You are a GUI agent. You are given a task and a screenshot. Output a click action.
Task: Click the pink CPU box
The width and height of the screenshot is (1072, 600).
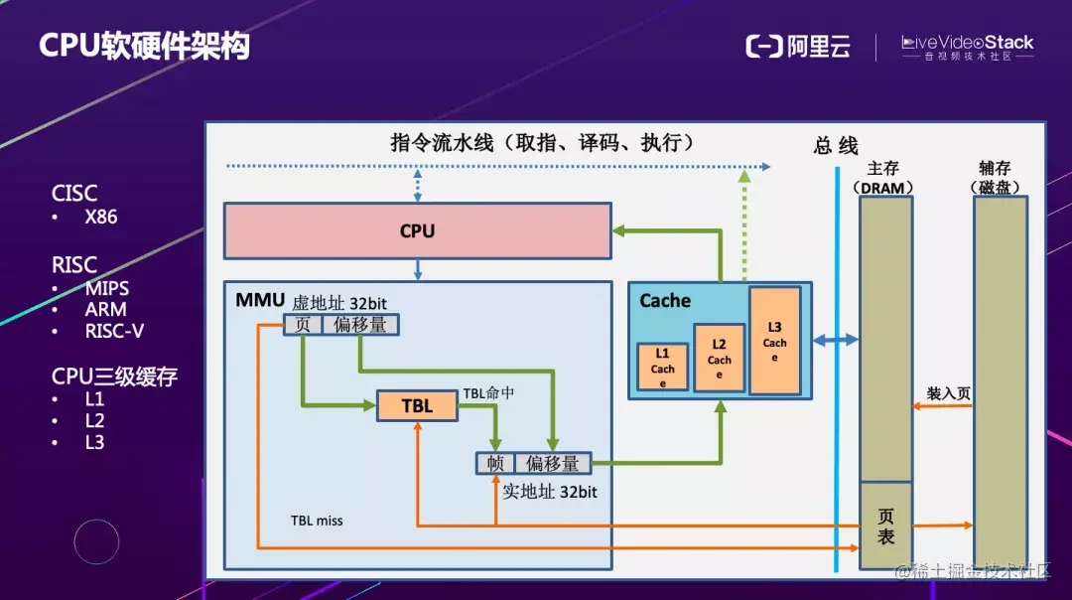417,230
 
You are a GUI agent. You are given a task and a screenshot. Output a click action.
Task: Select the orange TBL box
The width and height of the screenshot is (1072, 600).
417,406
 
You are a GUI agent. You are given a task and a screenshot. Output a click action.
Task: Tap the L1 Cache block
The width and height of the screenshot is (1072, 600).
662,368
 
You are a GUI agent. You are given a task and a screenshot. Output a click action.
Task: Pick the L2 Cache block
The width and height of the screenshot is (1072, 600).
720,359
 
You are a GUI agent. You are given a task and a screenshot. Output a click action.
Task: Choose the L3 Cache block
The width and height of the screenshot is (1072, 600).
775,341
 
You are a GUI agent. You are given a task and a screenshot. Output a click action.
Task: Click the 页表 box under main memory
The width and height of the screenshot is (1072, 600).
885,526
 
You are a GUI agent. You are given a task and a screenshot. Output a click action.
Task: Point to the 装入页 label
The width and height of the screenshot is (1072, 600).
948,393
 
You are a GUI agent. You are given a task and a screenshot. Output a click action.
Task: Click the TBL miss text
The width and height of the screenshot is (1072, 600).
317,521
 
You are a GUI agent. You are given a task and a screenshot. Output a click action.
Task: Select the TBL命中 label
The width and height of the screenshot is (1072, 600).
488,393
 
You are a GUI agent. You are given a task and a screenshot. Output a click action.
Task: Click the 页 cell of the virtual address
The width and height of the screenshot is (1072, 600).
303,325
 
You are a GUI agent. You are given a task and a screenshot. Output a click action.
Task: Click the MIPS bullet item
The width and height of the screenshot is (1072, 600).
106,289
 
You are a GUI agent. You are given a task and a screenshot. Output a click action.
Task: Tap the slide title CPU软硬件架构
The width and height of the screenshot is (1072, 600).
144,47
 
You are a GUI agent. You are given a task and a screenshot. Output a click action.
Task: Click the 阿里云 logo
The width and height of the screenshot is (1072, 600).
798,47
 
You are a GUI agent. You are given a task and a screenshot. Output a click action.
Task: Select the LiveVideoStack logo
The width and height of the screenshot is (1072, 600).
967,47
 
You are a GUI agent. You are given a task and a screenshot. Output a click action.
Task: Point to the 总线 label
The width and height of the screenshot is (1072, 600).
836,146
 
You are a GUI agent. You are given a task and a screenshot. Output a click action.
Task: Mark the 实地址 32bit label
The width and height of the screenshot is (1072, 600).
550,491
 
